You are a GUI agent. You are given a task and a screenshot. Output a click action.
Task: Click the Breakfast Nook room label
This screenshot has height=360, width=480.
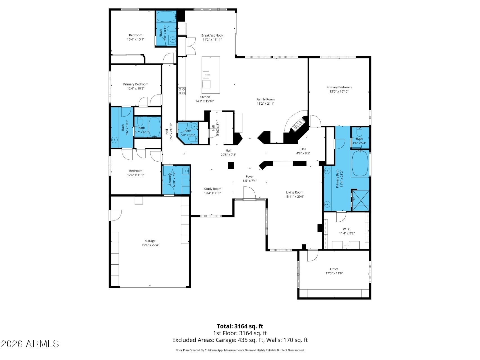(x=212, y=35)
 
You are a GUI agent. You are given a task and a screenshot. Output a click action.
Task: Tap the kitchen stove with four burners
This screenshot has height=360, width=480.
(x=182, y=91)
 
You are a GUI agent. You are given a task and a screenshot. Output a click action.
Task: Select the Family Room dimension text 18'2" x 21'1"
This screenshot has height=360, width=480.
(x=265, y=103)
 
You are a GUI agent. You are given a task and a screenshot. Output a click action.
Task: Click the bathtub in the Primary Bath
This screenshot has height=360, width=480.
(x=360, y=164)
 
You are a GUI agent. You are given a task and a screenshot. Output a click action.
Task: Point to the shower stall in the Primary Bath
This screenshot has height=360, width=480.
(x=360, y=200)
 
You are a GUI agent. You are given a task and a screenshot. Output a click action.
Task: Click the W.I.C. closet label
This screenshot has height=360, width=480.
(x=347, y=229)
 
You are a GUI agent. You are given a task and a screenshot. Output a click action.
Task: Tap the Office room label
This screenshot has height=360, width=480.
(x=334, y=269)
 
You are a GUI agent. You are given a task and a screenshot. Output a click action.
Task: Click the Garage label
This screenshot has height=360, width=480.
(x=150, y=241)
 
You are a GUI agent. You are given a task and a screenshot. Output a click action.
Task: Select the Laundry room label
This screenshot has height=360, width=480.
(x=170, y=179)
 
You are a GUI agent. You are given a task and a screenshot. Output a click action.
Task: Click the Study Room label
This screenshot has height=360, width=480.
(x=213, y=189)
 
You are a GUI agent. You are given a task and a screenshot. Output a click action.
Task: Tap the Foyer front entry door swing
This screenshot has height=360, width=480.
(x=249, y=193)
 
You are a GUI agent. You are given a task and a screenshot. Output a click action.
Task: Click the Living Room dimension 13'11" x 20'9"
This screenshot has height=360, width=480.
(x=294, y=197)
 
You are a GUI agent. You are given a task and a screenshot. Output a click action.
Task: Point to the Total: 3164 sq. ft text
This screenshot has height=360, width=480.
(x=240, y=326)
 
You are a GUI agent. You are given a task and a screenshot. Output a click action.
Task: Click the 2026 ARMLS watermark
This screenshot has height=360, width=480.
(x=30, y=344)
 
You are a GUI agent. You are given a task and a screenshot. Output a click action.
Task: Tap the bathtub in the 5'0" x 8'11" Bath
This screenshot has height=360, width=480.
(x=166, y=17)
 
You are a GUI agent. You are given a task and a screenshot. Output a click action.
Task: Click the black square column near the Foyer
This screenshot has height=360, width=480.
(x=231, y=165)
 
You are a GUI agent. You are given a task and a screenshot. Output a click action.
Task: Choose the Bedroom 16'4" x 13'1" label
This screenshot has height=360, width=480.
(x=136, y=37)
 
